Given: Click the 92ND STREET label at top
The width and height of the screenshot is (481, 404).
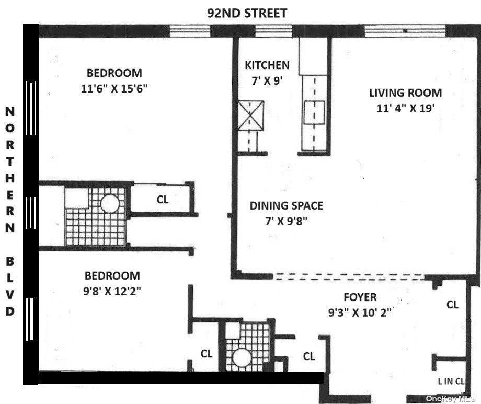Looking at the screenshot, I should [x=247, y=13].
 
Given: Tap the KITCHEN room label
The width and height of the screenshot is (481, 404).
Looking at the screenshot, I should [x=267, y=65].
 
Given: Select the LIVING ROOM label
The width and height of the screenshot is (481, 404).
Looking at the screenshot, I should [x=405, y=93].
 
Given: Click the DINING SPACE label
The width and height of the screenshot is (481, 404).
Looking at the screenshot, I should [x=286, y=205].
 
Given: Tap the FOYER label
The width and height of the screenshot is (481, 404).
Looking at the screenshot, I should [x=360, y=297].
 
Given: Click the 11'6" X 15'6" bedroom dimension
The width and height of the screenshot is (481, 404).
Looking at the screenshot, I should [x=114, y=88].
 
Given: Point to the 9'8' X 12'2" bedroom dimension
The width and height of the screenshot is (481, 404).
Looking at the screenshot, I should [x=112, y=291].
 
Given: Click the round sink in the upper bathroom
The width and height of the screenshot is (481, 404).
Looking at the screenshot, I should [x=111, y=204].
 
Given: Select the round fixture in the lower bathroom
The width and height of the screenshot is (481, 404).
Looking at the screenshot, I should [x=242, y=358].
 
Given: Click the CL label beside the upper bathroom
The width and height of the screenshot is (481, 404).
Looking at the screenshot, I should [x=163, y=199].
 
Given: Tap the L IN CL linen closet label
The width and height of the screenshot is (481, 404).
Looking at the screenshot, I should [x=451, y=382].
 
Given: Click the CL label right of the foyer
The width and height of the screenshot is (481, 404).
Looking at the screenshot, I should [x=452, y=304].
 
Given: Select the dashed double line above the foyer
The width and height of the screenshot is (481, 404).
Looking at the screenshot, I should [x=350, y=276].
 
